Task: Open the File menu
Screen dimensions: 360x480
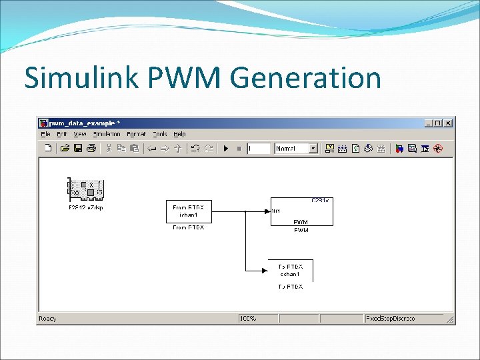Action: click(45, 134)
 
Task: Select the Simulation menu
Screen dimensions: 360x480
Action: click(107, 134)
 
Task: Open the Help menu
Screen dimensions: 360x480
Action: click(179, 134)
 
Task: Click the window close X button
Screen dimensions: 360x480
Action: click(449, 123)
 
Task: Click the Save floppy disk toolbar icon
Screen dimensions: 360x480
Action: click(78, 149)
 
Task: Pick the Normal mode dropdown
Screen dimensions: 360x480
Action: click(296, 149)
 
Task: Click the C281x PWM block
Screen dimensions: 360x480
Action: click(301, 212)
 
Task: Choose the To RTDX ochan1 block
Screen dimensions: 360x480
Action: click(291, 270)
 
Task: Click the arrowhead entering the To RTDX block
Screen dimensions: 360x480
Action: click(265, 270)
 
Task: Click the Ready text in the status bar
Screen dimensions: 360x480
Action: click(48, 319)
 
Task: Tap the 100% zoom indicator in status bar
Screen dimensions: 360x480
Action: click(249, 319)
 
